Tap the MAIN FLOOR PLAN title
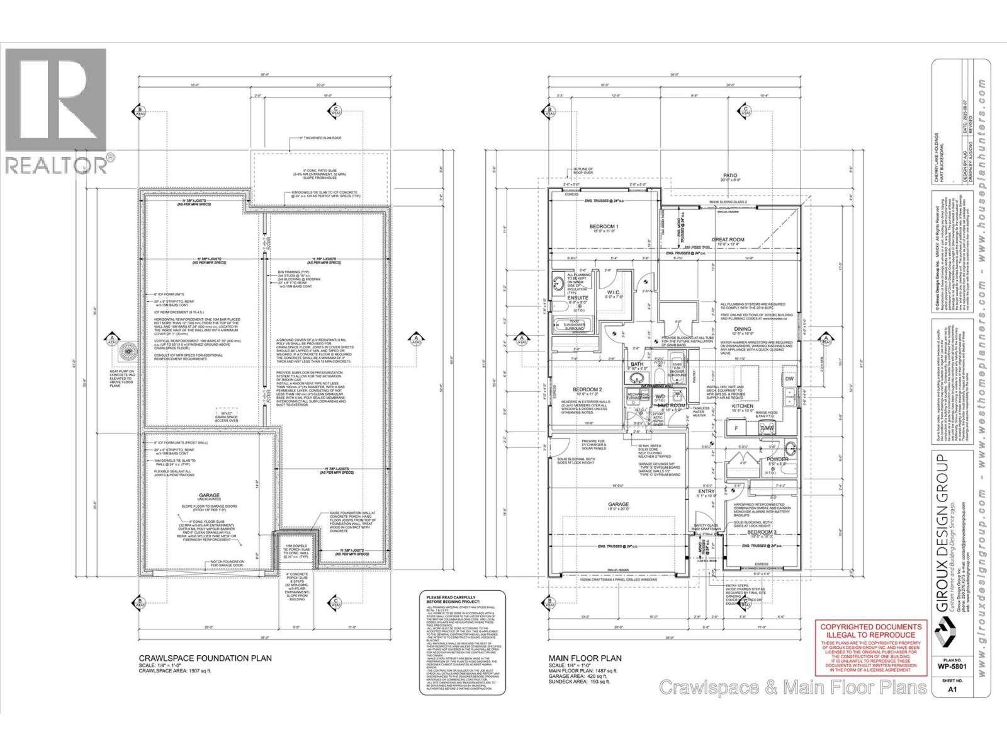(585, 658)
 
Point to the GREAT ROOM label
(728, 239)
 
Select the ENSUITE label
(577, 297)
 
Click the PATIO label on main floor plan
(730, 176)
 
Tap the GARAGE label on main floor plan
(618, 505)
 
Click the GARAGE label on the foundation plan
(210, 496)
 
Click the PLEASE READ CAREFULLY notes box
(463, 641)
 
